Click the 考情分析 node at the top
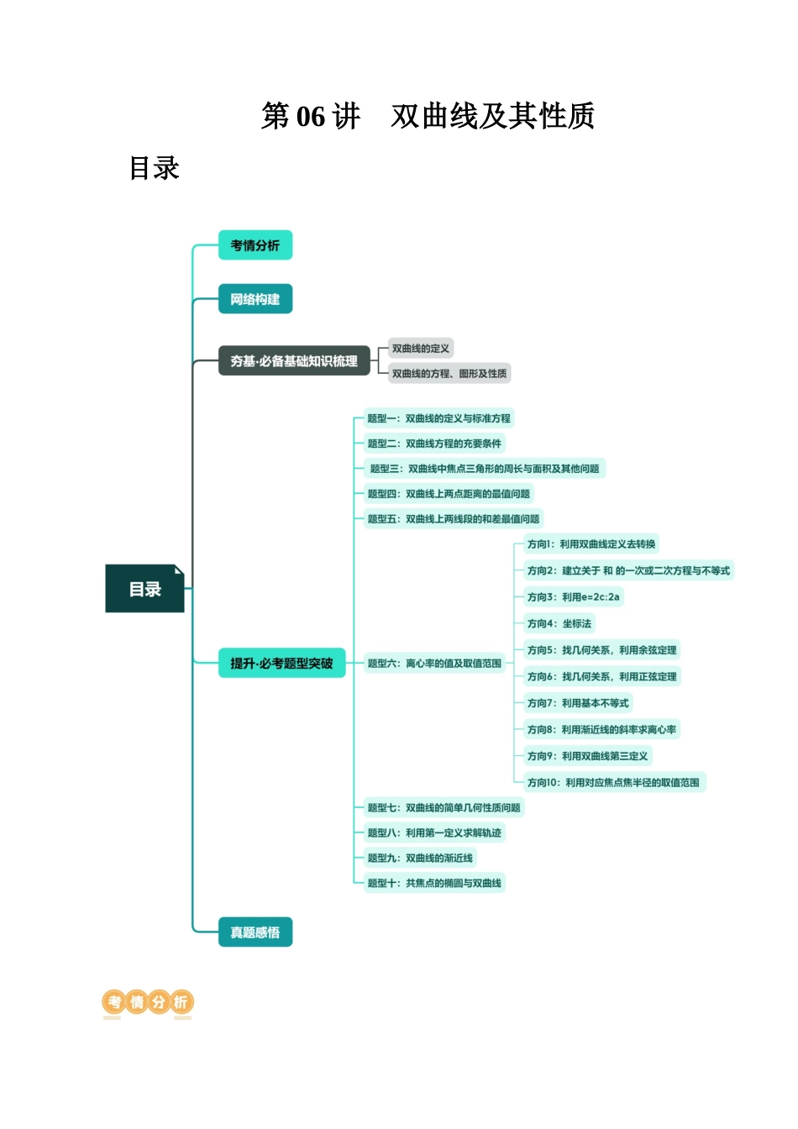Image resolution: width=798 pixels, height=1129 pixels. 255,245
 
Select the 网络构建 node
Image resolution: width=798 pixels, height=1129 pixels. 255,299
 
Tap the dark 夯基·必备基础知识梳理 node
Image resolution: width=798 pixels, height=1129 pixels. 294,361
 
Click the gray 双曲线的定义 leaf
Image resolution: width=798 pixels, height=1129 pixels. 420,349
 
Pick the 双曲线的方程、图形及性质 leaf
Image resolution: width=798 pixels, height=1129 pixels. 449,374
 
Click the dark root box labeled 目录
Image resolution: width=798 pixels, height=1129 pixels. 144,589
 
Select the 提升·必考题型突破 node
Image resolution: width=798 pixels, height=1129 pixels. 281,664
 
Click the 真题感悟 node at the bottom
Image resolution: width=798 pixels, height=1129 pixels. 255,932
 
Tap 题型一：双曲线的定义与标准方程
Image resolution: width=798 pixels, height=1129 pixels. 438,418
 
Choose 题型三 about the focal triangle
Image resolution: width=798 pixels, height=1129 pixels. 485,469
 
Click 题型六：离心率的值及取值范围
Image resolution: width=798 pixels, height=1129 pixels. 433,664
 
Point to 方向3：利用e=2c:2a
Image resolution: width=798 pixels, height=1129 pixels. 573,597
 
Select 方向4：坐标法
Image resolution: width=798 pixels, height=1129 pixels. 559,623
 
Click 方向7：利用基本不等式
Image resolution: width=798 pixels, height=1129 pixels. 577,703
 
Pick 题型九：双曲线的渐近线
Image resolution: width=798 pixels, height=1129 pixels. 419,858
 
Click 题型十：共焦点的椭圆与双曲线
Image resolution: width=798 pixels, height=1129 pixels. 433,883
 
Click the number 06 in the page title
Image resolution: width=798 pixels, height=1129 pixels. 311,117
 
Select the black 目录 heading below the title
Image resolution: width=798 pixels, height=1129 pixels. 155,168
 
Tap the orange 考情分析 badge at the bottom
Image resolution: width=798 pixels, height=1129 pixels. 148,1002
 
